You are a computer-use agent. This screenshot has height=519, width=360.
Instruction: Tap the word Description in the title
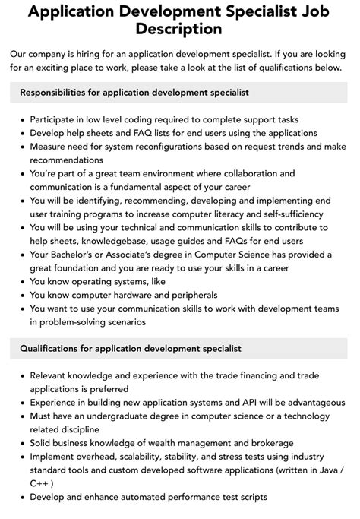(180, 30)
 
